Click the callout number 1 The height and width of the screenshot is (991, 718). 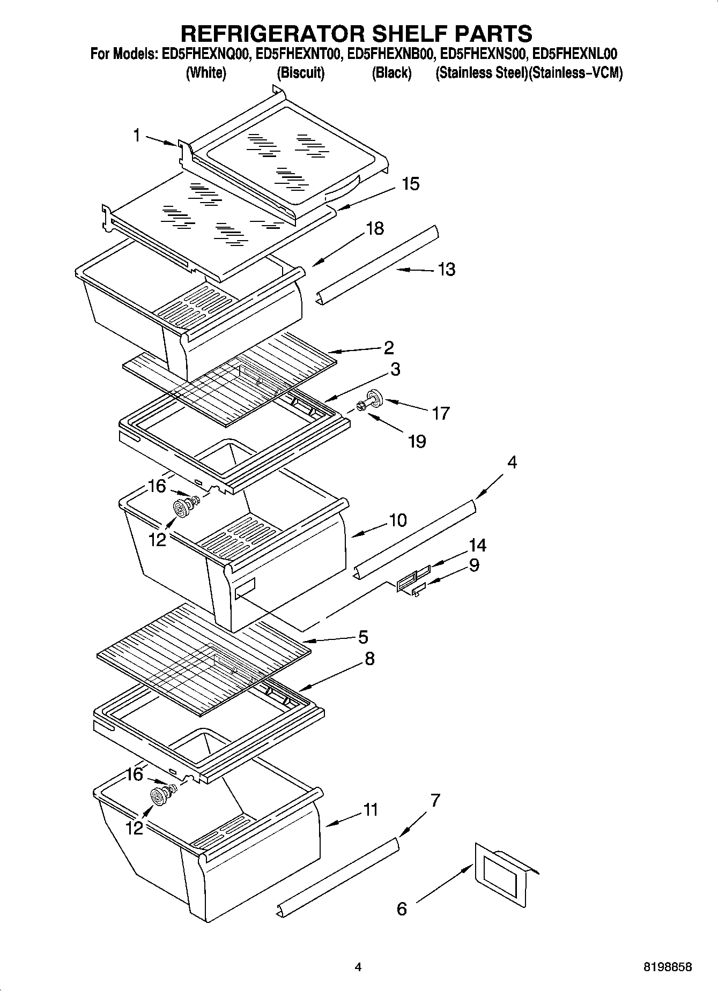[x=137, y=136]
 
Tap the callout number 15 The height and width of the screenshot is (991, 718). [x=410, y=184]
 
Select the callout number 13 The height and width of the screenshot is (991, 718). [x=446, y=269]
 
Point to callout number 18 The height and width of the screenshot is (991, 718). [x=375, y=228]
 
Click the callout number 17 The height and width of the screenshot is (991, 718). [x=441, y=413]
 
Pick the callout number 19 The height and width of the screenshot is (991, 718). [x=417, y=441]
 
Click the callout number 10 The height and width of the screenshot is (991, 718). [x=398, y=520]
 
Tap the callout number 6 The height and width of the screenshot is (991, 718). [x=402, y=908]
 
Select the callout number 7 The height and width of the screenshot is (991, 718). [x=435, y=801]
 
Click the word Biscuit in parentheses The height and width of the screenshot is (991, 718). [x=301, y=73]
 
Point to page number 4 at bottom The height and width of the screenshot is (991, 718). [x=358, y=967]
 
